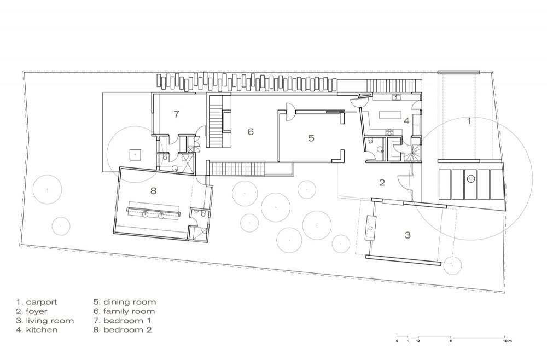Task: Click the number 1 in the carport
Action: pos(469,121)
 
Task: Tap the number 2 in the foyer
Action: pos(382,182)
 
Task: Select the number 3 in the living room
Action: pos(408,235)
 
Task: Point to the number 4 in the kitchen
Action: pos(406,121)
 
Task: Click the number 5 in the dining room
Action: pos(311,138)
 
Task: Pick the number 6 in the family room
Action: pos(251,132)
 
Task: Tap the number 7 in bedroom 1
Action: pos(177,114)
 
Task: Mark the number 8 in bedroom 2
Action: pos(154,191)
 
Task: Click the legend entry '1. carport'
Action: pos(36,303)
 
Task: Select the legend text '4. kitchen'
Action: pos(37,330)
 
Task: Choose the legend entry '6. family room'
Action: pos(124,311)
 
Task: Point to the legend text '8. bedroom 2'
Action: pos(123,330)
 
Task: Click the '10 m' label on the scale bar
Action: pos(507,341)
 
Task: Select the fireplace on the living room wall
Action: pos(370,228)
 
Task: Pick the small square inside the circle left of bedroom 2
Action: pos(135,154)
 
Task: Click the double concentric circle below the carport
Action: pos(470,179)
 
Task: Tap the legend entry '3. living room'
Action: pos(45,321)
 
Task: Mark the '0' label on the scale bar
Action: pos(397,341)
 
